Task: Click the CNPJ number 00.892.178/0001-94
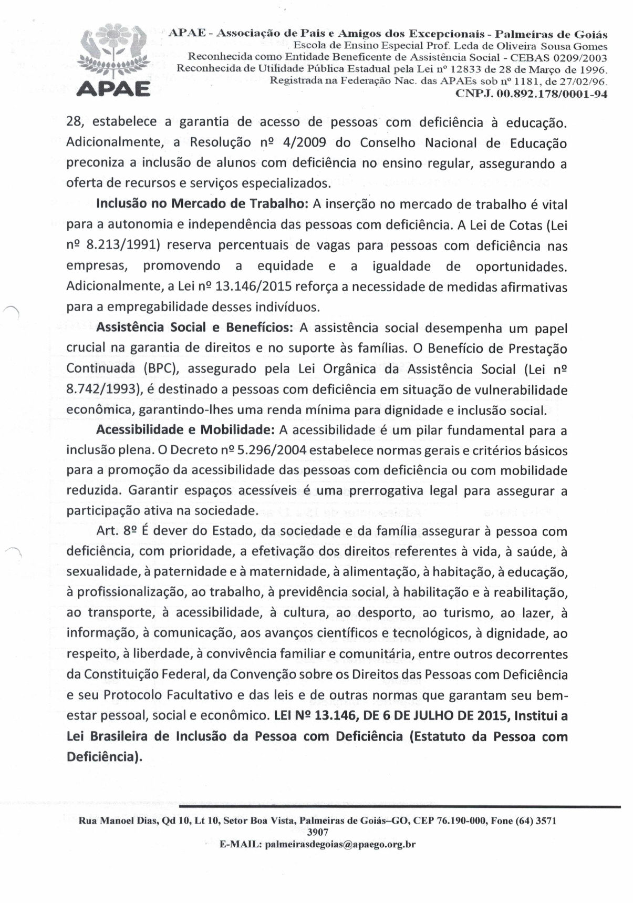coord(531,95)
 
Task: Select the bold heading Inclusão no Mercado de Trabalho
coord(204,203)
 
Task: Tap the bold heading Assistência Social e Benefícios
coord(194,327)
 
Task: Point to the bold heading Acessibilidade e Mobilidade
coord(185,430)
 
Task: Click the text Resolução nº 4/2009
coord(258,142)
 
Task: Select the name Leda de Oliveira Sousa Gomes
coord(531,46)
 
